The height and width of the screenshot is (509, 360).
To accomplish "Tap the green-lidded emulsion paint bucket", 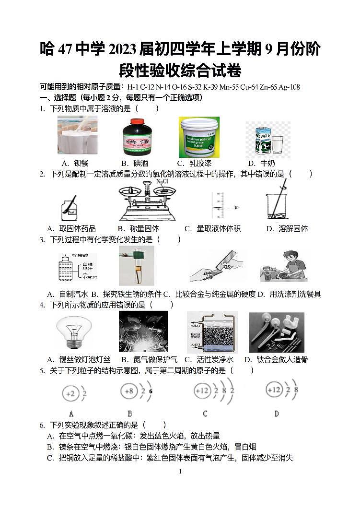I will click(199, 137).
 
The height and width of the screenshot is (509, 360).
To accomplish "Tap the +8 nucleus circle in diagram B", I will click(128, 391).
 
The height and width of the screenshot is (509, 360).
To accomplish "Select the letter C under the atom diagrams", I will click(205, 414).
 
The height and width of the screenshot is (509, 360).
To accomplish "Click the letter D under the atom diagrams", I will click(276, 414).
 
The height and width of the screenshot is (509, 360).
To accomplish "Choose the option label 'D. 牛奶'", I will click(261, 164).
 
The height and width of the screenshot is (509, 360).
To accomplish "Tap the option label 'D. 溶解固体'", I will click(287, 229).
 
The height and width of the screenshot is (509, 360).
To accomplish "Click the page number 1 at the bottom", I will click(180, 472).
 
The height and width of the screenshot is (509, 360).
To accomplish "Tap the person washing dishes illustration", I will click(284, 266).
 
